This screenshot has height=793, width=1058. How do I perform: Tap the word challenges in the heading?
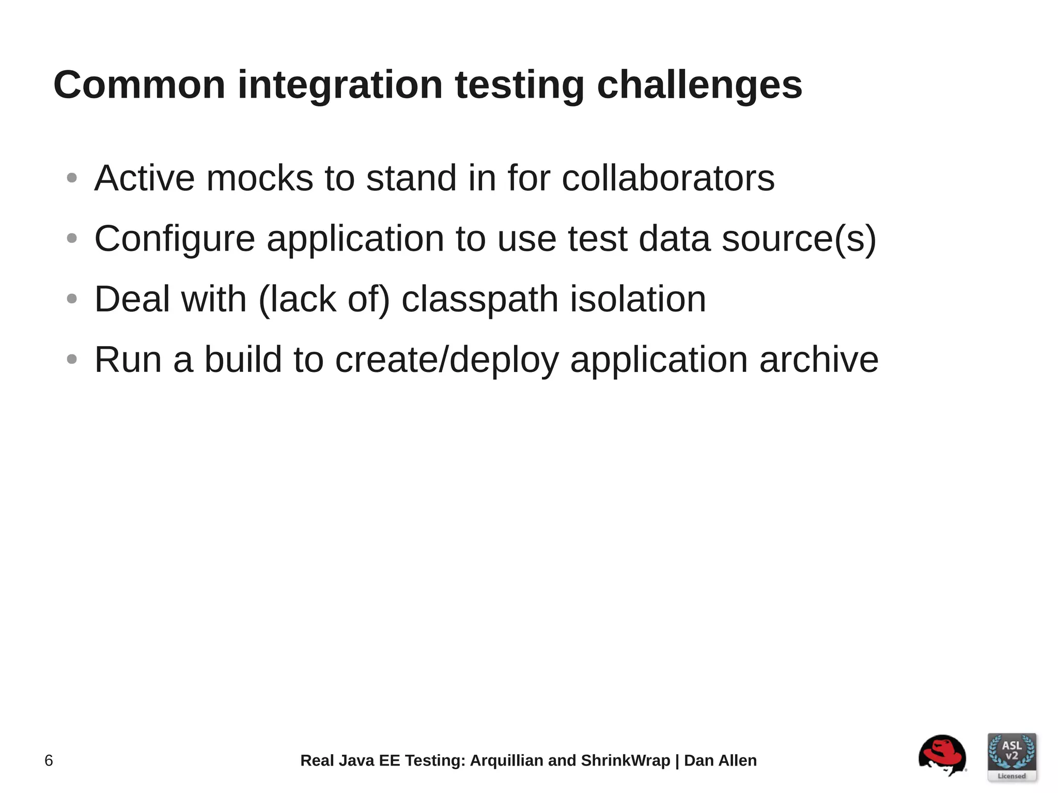point(699,85)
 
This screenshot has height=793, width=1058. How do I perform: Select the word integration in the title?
point(340,85)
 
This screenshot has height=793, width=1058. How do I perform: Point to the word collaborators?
point(668,178)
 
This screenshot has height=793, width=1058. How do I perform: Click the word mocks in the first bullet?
point(259,178)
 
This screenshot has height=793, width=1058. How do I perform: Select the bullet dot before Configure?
point(72,239)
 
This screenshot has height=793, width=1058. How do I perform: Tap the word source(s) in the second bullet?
point(799,239)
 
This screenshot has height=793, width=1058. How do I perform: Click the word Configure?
point(175,239)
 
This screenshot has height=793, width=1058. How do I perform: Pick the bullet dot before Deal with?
point(72,299)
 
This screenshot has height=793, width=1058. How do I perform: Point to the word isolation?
point(637,299)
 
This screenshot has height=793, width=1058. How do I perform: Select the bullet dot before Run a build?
point(72,359)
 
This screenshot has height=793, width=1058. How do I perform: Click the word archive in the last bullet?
point(818,360)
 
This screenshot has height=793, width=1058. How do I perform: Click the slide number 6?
point(49,760)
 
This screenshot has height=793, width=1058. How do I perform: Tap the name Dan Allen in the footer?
point(720,760)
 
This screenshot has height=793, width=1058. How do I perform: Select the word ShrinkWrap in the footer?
point(625,760)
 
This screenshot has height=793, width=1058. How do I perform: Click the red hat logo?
point(942,755)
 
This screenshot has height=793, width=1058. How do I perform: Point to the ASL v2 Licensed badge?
point(1012,756)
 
